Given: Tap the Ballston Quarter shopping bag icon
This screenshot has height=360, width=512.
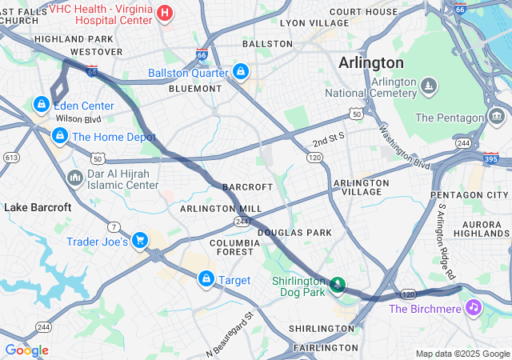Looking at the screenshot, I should pyautogui.click(x=240, y=73).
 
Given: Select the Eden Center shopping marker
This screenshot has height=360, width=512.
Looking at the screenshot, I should pyautogui.click(x=40, y=105).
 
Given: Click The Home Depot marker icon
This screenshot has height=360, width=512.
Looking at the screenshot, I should pyautogui.click(x=59, y=137).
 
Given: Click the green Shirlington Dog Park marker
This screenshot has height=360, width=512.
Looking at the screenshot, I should pyautogui.click(x=338, y=285).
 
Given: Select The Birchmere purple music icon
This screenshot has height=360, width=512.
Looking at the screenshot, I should pyautogui.click(x=474, y=308).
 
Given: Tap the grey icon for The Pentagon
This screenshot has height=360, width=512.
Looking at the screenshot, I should pyautogui.click(x=498, y=118).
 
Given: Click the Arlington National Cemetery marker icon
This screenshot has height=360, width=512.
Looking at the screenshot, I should pyautogui.click(x=429, y=86).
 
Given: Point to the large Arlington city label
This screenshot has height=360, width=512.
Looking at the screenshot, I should pyautogui.click(x=370, y=62).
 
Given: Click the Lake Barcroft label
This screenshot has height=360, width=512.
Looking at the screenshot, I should pyautogui.click(x=38, y=207).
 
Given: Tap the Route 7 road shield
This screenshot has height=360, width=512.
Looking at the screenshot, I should pyautogui.click(x=115, y=229).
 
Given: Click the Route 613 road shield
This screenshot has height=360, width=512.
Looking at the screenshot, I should pyautogui.click(x=11, y=158).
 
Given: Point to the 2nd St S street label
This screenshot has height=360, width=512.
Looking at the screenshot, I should pyautogui.click(x=328, y=138).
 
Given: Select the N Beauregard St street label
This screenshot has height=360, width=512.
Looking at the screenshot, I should pyautogui.click(x=229, y=333).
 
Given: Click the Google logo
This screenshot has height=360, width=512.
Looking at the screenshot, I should pyautogui.click(x=26, y=350).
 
